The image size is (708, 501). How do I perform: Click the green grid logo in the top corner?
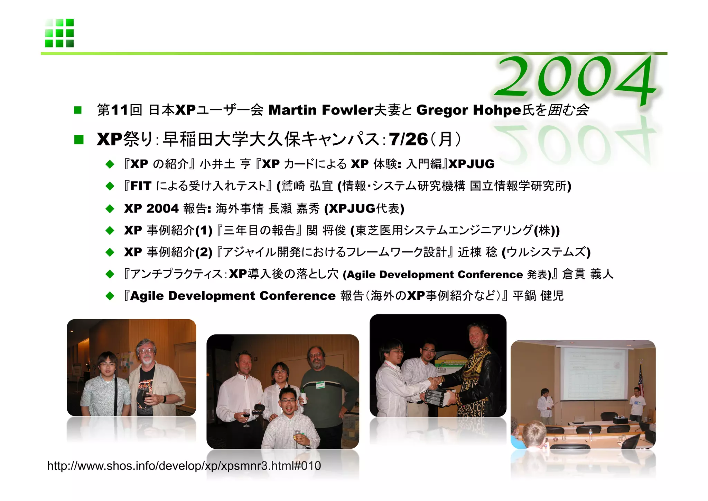59,33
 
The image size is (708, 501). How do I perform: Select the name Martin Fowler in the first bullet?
320,110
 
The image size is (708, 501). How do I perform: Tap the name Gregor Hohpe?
468,110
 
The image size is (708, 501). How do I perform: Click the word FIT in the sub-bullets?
141,186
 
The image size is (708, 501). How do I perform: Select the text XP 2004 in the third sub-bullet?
151,208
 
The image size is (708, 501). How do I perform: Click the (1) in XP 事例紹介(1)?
204,230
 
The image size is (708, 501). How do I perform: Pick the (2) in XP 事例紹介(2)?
204,252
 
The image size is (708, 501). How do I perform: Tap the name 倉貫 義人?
587,274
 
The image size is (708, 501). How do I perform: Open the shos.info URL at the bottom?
184,466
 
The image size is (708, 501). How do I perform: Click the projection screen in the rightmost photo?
594,374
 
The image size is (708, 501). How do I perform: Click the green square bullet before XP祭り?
79,140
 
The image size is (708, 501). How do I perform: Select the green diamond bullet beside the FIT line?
110,186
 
